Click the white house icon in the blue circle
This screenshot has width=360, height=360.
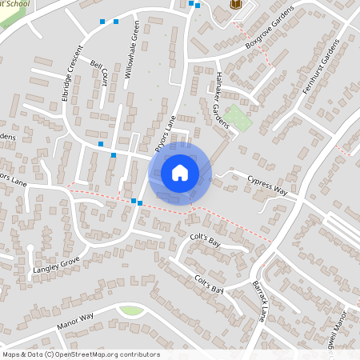click(180, 172)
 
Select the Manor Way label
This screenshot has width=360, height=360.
click(75, 321)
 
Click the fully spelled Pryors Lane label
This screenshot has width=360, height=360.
click(165, 134)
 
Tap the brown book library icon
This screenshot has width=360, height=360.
click(235, 5)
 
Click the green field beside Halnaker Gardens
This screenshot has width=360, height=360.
click(238, 119)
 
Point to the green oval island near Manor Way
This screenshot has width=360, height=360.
click(131, 310)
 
